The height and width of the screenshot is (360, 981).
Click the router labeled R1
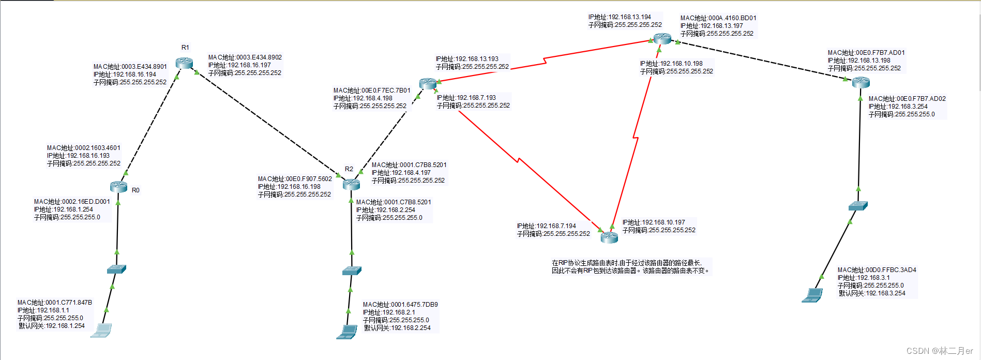184,63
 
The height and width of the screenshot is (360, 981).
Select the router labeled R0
119,187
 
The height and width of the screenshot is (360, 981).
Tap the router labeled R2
351,184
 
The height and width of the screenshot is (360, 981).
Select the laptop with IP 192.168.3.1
812,295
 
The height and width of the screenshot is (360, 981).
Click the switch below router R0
116,269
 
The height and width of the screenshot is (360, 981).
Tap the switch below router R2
352,271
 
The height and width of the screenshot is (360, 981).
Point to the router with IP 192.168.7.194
609,237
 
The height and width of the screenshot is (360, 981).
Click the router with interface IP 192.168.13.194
662,38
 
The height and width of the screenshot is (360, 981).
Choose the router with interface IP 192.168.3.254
861,82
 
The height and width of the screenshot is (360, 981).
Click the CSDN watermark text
939,351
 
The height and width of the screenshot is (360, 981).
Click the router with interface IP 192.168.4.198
428,83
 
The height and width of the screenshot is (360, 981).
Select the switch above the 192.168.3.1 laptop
858,206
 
